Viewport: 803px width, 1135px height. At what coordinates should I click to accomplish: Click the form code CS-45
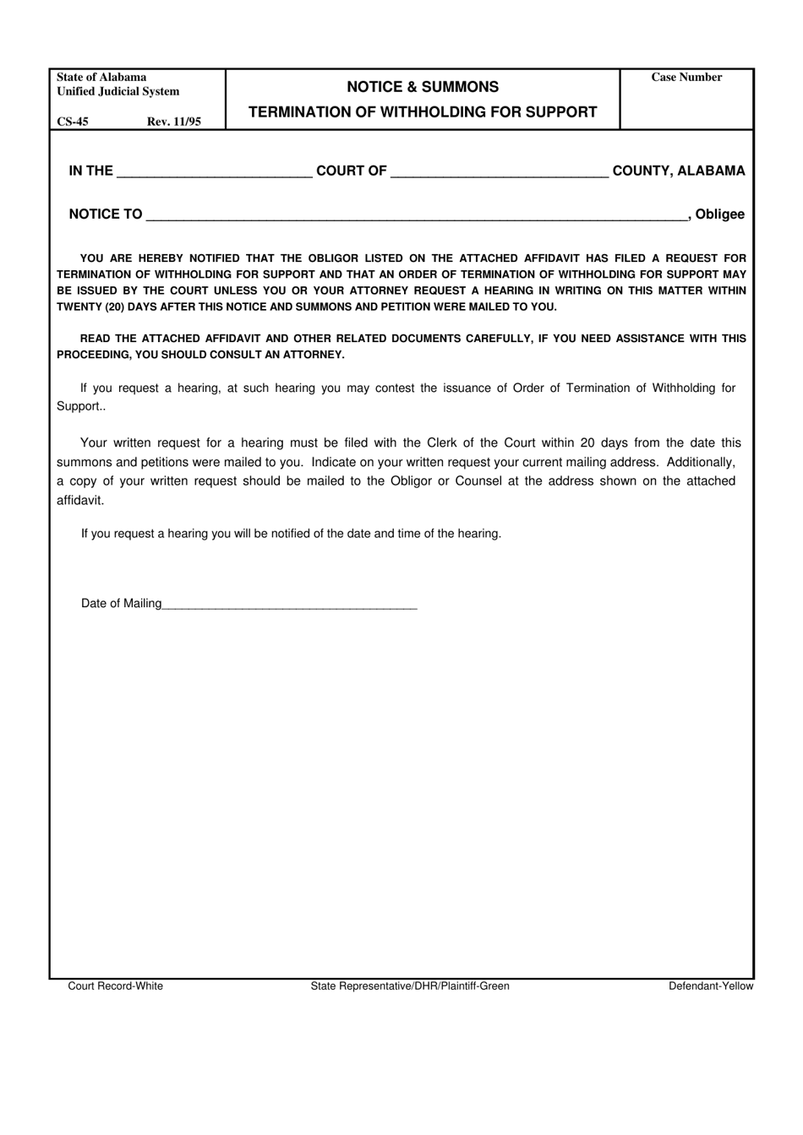tap(73, 122)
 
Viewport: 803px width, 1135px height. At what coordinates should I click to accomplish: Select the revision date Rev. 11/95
tap(174, 122)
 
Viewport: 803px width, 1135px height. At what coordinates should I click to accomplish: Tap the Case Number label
tap(686, 78)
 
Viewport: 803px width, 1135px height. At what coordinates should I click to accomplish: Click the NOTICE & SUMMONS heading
tap(423, 87)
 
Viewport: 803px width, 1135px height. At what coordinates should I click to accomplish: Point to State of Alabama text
tap(101, 78)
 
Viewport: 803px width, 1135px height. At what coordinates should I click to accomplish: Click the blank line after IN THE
tap(215, 172)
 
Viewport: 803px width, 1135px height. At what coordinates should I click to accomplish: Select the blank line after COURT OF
tap(500, 172)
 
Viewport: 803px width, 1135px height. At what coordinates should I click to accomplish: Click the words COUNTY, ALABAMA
tap(679, 171)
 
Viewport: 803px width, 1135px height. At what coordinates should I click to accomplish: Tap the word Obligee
tap(719, 215)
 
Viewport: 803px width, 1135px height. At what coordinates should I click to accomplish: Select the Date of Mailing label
tap(121, 604)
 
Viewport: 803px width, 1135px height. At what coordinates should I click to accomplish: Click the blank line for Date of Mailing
tap(290, 605)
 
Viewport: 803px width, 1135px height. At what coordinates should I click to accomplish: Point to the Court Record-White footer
tap(116, 986)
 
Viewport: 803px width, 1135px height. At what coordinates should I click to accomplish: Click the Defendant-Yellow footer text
tap(710, 986)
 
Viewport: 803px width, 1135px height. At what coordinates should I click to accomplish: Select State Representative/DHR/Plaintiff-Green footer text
tap(410, 986)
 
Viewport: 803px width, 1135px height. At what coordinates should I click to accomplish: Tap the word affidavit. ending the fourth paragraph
tap(80, 501)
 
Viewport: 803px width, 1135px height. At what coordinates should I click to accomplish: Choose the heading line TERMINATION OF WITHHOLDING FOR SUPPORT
tap(423, 112)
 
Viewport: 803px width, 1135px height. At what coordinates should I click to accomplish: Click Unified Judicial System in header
tap(118, 92)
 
